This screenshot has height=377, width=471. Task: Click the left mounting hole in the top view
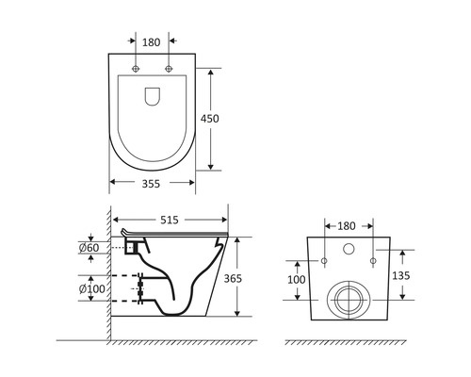click(137, 70)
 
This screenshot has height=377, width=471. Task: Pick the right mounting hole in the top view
click(169, 70)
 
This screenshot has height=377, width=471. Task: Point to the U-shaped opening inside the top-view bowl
click(153, 95)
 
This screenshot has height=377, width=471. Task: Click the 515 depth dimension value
click(170, 219)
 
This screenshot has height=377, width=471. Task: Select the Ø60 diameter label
click(90, 248)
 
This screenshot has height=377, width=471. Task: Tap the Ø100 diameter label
click(89, 286)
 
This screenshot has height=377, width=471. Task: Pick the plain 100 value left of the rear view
click(295, 280)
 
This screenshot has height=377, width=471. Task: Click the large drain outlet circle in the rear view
click(348, 300)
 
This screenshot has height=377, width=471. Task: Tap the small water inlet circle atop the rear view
click(348, 251)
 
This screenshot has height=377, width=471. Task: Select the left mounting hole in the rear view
click(323, 259)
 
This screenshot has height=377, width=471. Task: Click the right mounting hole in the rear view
click(373, 259)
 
